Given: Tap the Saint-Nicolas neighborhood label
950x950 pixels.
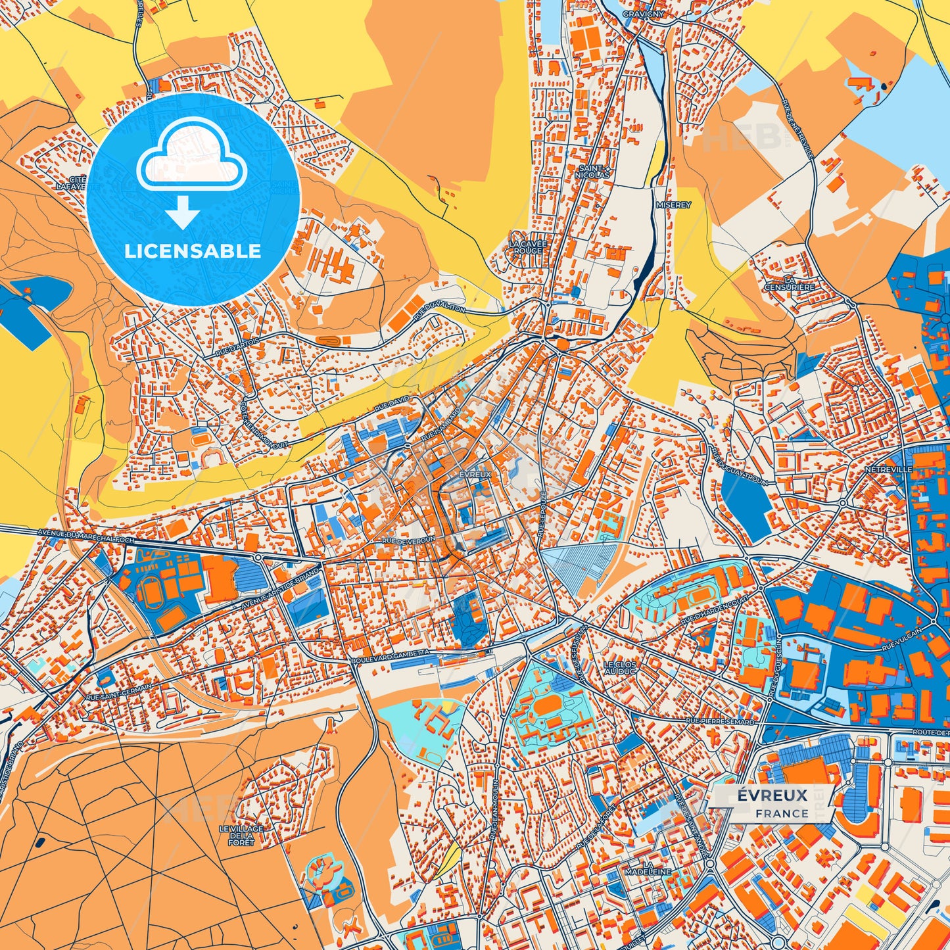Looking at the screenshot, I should point(592,172).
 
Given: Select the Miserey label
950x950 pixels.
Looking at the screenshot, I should point(674,205).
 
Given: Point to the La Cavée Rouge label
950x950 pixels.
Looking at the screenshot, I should point(528,247).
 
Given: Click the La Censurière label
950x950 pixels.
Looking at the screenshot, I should point(789,283).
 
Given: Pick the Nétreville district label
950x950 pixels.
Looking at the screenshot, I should point(888,469).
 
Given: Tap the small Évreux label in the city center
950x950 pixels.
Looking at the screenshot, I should point(475,474).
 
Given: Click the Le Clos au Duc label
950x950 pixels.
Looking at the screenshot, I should point(620,668).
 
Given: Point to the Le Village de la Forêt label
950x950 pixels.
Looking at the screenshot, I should point(241,836).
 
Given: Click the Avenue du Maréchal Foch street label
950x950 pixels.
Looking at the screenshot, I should point(86,536).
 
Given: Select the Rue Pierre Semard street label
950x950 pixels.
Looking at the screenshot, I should point(720,721).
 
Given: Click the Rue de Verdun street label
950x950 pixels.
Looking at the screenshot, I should point(408,540).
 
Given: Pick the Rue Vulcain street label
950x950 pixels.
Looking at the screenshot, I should point(902,639).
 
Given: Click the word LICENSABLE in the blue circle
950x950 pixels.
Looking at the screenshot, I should point(193,251).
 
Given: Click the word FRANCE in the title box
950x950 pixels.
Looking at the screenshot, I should point(782,813).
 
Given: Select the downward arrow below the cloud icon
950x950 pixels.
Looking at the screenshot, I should point(183,212).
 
